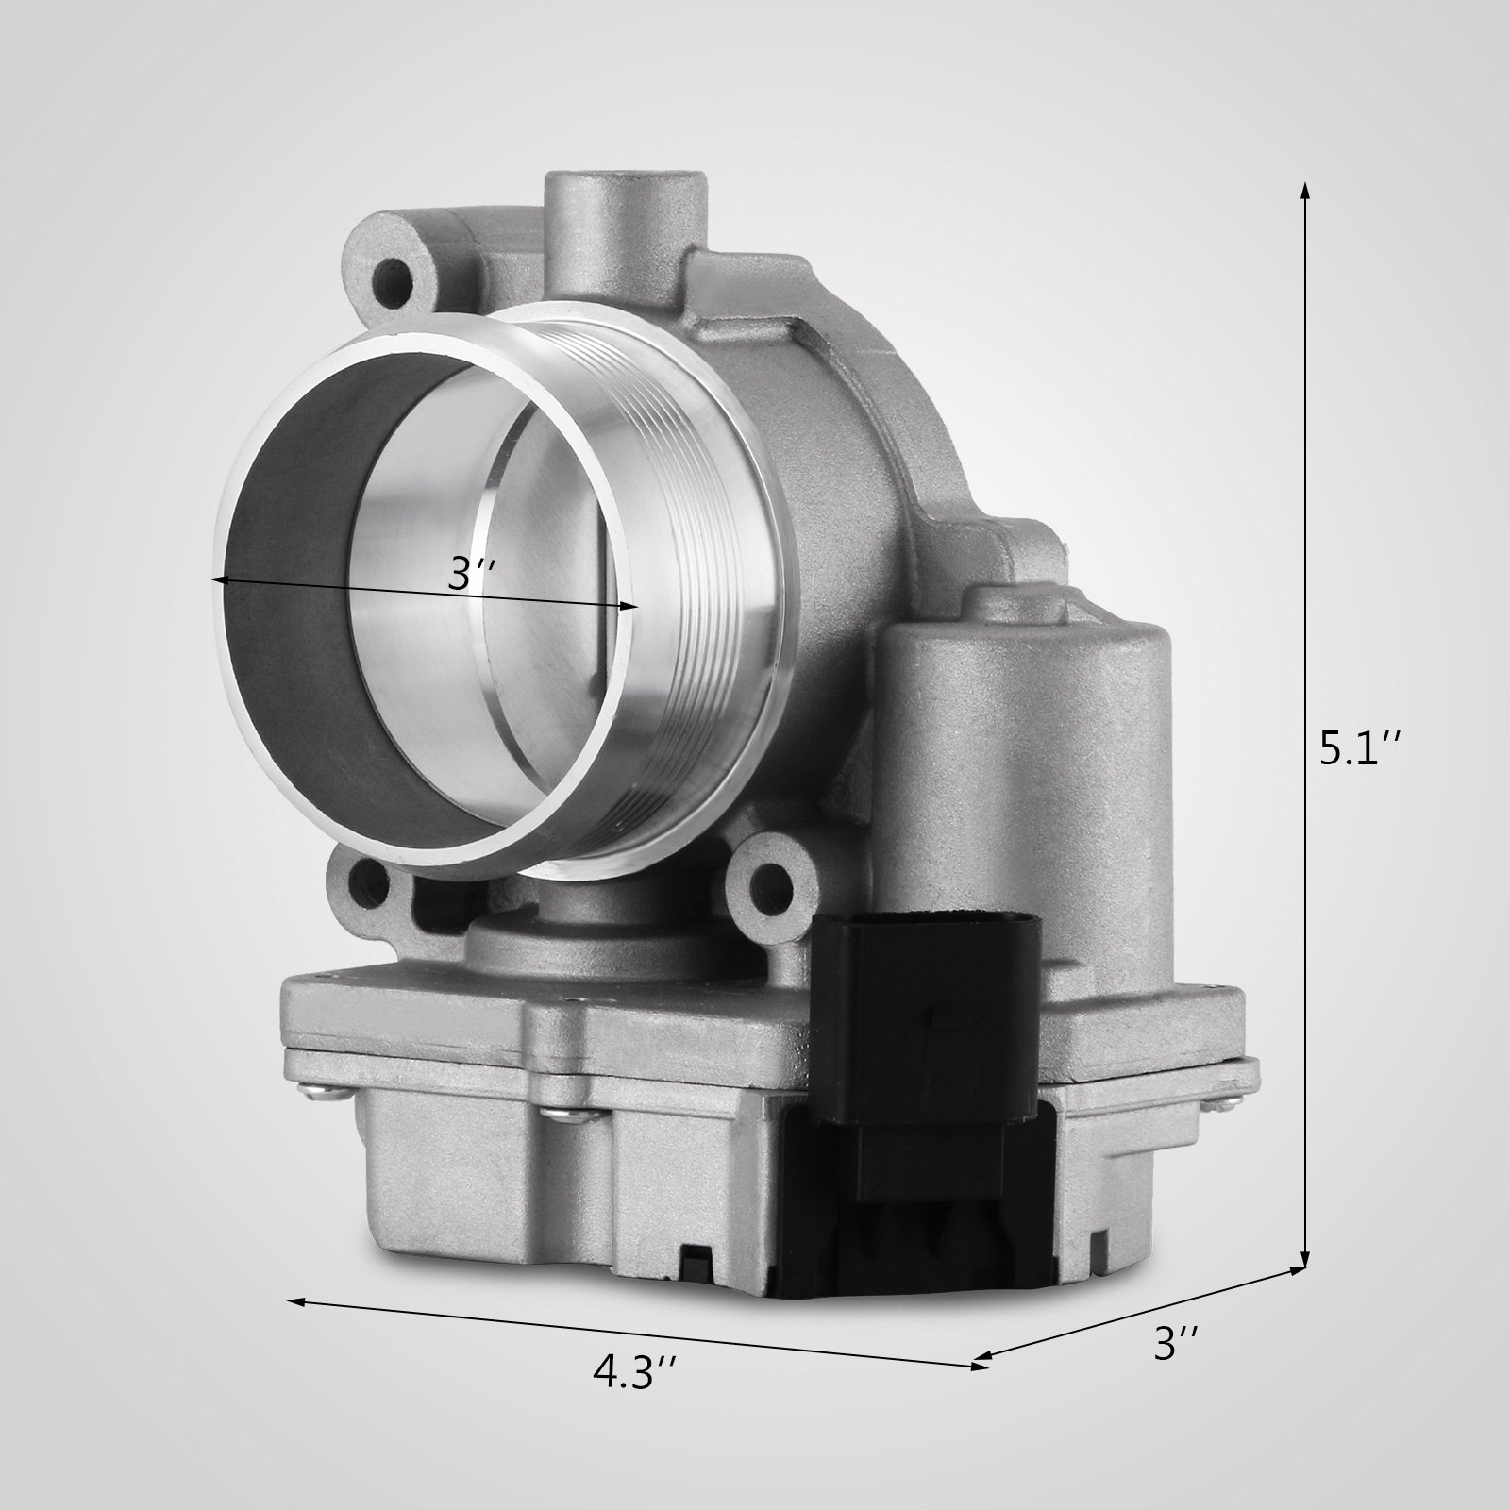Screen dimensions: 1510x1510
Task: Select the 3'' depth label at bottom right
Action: [x=1176, y=1344]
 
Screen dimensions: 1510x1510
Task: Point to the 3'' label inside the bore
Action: [x=470, y=574]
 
